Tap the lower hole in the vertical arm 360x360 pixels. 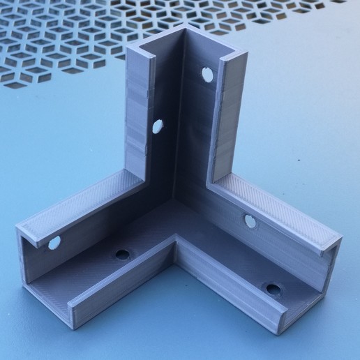click(x=158, y=127)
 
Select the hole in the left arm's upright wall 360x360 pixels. click(x=54, y=243)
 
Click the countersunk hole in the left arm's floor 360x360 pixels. click(x=123, y=254)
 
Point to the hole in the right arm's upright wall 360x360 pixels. click(x=250, y=222)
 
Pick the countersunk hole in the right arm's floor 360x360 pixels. click(x=272, y=288)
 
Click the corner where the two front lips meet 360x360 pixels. click(x=174, y=244)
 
